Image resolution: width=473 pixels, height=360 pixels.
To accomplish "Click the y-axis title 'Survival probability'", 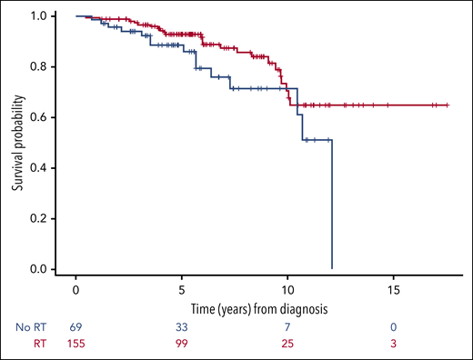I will [16, 143].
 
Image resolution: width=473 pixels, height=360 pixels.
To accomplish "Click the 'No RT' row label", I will [26, 325].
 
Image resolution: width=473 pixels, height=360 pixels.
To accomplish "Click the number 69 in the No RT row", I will [75, 325].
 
